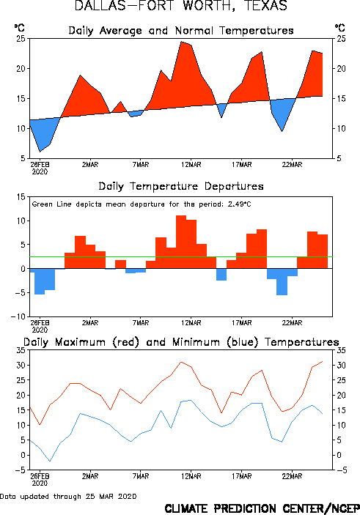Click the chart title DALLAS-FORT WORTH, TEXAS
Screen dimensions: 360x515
pos(181,6)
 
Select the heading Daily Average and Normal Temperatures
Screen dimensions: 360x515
pos(181,31)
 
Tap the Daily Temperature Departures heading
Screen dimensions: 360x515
pos(181,186)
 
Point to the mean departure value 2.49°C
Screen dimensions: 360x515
pos(239,204)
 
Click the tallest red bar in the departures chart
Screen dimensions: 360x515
pos(181,242)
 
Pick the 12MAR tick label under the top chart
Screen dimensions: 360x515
pos(191,165)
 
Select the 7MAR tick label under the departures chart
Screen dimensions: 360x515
pos(141,323)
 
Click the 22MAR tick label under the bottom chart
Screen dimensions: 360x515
pos(292,476)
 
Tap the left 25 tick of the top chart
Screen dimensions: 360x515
pos(21,39)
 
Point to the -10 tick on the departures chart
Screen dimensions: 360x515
pos(18,316)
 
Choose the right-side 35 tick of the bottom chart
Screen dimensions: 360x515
pos(341,350)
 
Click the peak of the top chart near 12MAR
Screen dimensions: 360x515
pos(181,42)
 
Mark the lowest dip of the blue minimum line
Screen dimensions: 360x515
pos(50,461)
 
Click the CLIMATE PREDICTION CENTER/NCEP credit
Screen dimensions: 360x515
pos(262,508)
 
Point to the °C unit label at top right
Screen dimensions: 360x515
pos(340,28)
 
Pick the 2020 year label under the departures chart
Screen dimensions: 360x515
pos(40,330)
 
